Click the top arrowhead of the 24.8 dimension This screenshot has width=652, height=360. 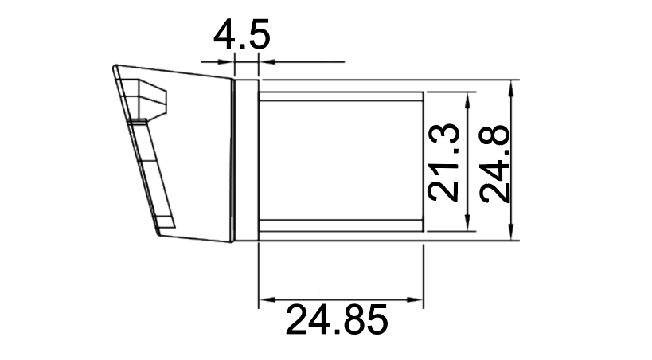514,86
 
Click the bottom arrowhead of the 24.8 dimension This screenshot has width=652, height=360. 514,233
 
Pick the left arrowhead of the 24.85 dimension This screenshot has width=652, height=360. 266,301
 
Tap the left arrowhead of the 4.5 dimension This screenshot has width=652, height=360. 228,61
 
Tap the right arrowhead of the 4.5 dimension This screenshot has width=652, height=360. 265,61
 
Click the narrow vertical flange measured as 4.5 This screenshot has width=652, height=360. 246,159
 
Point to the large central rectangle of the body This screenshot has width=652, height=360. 341,159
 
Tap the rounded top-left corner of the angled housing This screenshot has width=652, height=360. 116,71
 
